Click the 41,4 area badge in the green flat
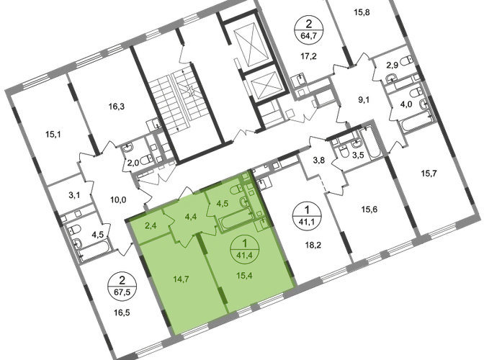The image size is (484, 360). click(245, 249)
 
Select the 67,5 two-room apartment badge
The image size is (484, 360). click(122, 287)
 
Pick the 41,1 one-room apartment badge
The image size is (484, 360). click(307, 215)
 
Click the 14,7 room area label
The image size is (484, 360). click(181, 279)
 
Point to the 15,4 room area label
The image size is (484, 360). click(244, 275)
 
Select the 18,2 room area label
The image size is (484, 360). click(313, 246)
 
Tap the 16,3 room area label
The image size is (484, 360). click(117, 107)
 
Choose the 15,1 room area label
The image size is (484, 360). click(53, 135)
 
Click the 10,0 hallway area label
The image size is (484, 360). click(118, 200)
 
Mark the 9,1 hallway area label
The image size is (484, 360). click(363, 100)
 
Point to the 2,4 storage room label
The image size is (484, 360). click(151, 225)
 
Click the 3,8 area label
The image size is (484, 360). click(319, 161)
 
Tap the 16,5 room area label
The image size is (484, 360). click(122, 312)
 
